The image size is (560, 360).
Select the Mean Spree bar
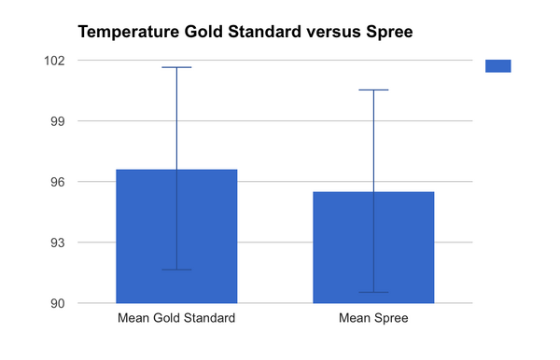[373, 247]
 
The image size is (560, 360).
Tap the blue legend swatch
[497, 65]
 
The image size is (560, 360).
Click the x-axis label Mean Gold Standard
[176, 318]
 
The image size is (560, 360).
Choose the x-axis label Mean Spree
[373, 318]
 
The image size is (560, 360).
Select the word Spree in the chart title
[387, 33]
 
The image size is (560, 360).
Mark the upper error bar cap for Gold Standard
[176, 67]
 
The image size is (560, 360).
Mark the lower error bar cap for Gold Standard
[176, 270]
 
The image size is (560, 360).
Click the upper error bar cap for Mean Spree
[373, 90]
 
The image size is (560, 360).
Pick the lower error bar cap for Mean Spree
[373, 292]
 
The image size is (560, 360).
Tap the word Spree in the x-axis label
[391, 318]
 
